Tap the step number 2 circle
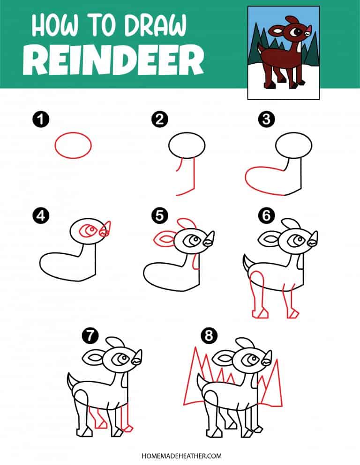tap(159, 119)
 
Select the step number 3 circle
tap(266, 119)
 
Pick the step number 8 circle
tap(208, 335)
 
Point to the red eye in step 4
tap(87, 230)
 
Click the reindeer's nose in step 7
tap(137, 358)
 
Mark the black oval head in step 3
tap(294, 146)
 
